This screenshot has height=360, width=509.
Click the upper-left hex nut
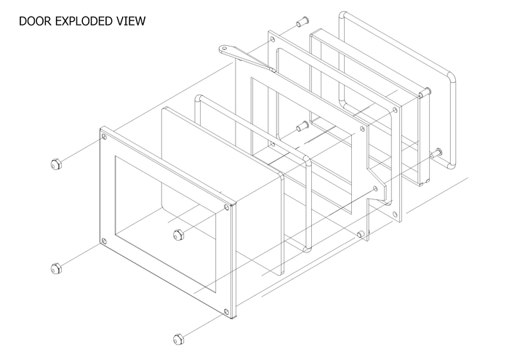(56, 164)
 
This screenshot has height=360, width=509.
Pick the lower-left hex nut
(56, 268)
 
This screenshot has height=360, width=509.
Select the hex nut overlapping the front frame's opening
(178, 235)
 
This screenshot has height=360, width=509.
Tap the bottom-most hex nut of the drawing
(178, 339)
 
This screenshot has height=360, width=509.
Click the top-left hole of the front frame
(104, 137)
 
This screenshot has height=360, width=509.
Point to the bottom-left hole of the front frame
(104, 241)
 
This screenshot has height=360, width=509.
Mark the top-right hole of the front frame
(227, 207)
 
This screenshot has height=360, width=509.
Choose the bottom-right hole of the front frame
(227, 311)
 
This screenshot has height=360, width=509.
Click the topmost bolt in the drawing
(302, 22)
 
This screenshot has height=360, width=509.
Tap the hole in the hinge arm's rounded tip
(224, 49)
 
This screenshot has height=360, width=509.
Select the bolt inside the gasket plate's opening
(302, 127)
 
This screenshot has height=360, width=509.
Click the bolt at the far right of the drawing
(436, 153)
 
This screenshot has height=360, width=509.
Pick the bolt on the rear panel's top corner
(425, 92)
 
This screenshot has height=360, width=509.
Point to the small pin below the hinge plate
(360, 234)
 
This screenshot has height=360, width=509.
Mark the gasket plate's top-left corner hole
(273, 39)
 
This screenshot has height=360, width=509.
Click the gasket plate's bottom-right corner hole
(395, 215)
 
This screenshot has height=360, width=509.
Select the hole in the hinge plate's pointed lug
(376, 188)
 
